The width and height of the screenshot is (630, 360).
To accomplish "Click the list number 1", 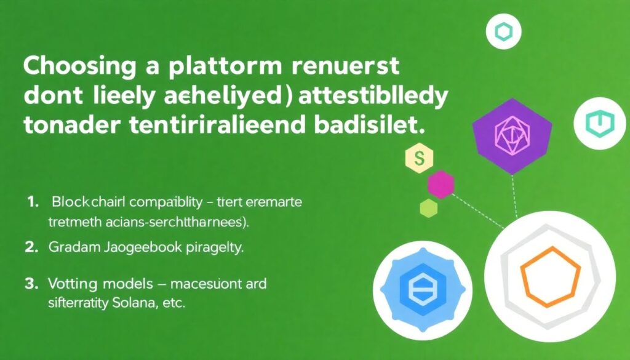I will coord(33,202).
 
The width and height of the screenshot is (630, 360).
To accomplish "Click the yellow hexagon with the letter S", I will coord(420,158).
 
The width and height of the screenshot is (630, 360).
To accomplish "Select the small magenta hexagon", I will coord(441,183).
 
